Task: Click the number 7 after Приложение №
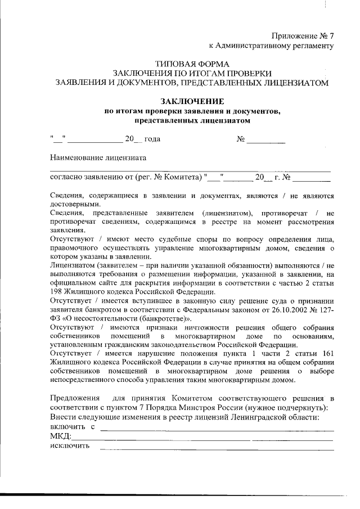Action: point(331,35)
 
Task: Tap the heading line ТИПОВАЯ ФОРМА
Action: point(192,64)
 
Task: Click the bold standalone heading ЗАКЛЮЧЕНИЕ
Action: point(192,101)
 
